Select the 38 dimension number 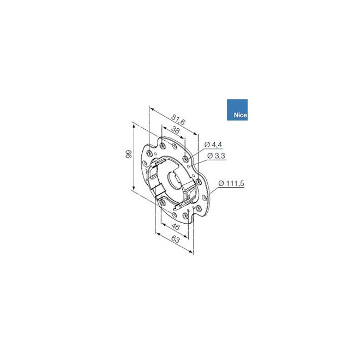175,130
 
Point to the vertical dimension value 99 127,155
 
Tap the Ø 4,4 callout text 213,145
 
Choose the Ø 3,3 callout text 217,157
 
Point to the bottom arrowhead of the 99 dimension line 133,189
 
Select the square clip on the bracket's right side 192,194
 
